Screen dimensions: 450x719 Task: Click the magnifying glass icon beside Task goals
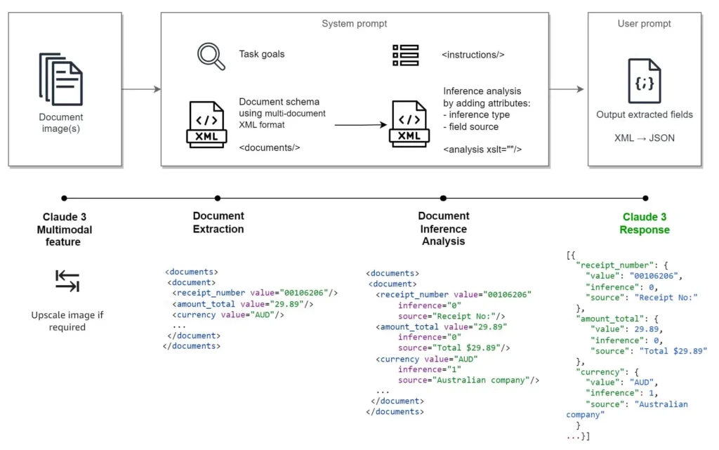pos(211,56)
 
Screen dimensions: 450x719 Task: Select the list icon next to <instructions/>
pos(405,55)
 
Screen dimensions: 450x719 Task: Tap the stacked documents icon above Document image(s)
pos(60,77)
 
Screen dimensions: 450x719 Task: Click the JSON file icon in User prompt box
pos(644,81)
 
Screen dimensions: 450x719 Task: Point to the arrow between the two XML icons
pos(360,125)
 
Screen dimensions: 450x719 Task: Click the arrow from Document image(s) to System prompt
pos(141,89)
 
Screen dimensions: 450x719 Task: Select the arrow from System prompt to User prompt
pos(567,89)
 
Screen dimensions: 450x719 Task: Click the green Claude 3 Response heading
pos(644,223)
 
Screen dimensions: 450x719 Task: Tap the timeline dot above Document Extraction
pos(218,198)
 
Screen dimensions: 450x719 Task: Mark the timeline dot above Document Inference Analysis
pos(443,198)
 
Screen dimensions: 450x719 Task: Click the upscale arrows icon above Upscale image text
pos(67,281)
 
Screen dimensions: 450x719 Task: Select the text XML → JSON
pos(644,138)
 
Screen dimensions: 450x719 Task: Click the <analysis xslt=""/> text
pos(482,149)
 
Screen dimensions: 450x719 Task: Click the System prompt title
pos(354,24)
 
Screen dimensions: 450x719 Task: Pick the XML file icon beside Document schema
pos(206,125)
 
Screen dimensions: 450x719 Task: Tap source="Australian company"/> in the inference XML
pos(468,380)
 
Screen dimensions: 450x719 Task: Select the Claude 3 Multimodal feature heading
pos(64,229)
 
